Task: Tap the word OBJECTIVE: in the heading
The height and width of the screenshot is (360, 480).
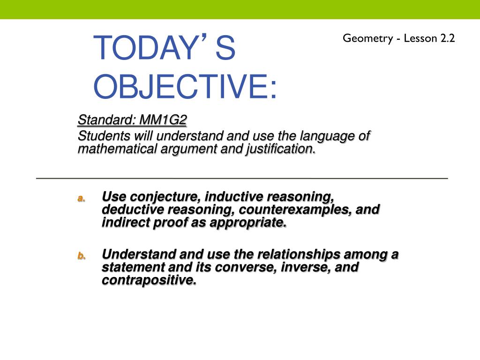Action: click(x=185, y=87)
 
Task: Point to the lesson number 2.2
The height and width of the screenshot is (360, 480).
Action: click(x=447, y=38)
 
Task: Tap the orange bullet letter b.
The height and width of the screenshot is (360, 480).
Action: click(x=81, y=256)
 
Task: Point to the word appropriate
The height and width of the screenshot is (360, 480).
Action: click(x=248, y=223)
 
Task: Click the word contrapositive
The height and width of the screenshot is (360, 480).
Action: click(x=149, y=280)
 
